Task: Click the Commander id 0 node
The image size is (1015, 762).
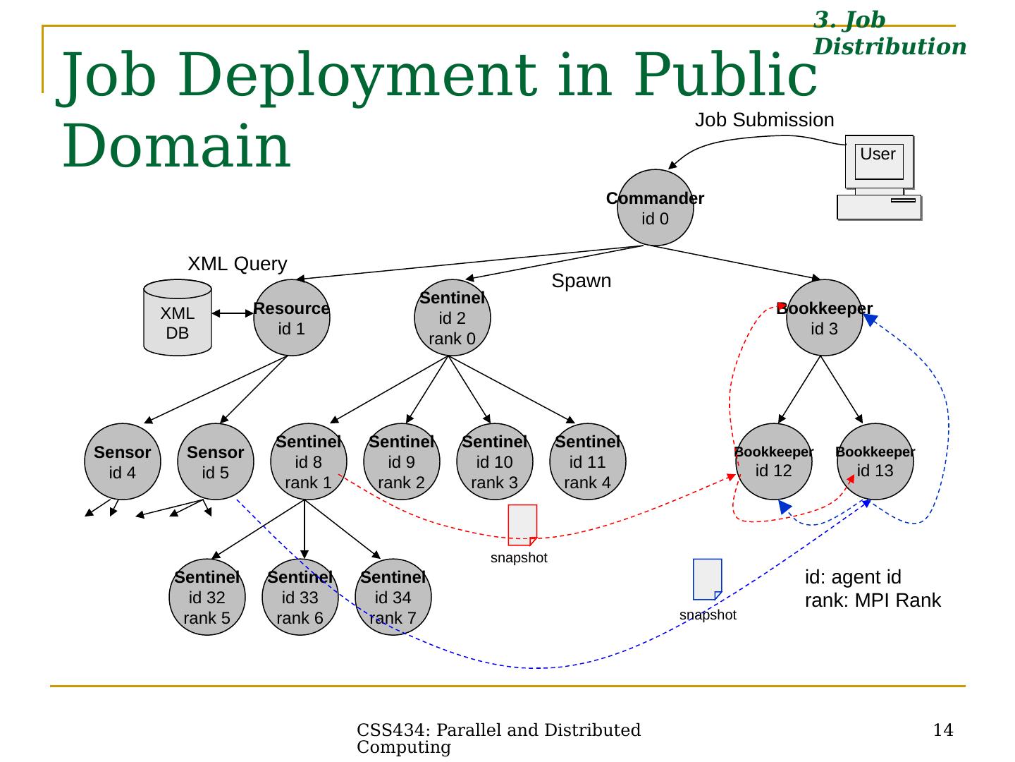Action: pyautogui.click(x=655, y=207)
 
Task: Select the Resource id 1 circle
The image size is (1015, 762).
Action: pyautogui.click(x=291, y=317)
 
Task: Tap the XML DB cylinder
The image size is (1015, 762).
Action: pyautogui.click(x=178, y=317)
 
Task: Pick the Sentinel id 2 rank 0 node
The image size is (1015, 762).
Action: pyautogui.click(x=453, y=317)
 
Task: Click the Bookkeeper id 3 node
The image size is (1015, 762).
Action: pyautogui.click(x=824, y=317)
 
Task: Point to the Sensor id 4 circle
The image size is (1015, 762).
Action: pyautogui.click(x=123, y=461)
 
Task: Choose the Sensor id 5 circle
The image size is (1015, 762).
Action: pyautogui.click(x=216, y=461)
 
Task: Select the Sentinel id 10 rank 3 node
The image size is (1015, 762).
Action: pyautogui.click(x=494, y=461)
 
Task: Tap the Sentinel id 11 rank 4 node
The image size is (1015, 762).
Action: pyautogui.click(x=587, y=461)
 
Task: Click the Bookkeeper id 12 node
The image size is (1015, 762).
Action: pyautogui.click(x=774, y=461)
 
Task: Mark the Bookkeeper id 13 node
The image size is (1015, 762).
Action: pyautogui.click(x=875, y=461)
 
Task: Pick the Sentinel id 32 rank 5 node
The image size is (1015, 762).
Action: pyautogui.click(x=207, y=597)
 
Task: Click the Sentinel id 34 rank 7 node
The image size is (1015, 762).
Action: pyautogui.click(x=393, y=597)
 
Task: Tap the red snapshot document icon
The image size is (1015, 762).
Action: pyautogui.click(x=522, y=525)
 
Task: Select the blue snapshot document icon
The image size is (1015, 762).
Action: pyautogui.click(x=708, y=579)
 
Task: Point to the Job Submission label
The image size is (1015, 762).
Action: pyautogui.click(x=764, y=120)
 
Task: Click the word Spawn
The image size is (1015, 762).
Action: pyautogui.click(x=582, y=281)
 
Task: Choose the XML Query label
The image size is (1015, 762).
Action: pyautogui.click(x=238, y=264)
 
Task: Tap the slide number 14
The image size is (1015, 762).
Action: pyautogui.click(x=943, y=730)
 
